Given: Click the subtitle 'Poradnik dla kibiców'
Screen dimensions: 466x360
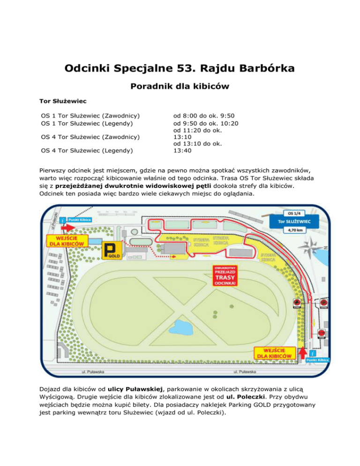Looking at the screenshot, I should point(180,87).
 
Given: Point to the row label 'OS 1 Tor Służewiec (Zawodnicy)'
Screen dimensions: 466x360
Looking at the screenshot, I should point(91,115).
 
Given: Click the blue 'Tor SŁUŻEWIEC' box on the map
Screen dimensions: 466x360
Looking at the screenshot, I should point(294,221).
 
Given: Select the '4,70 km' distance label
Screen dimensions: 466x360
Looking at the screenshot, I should point(294,231).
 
